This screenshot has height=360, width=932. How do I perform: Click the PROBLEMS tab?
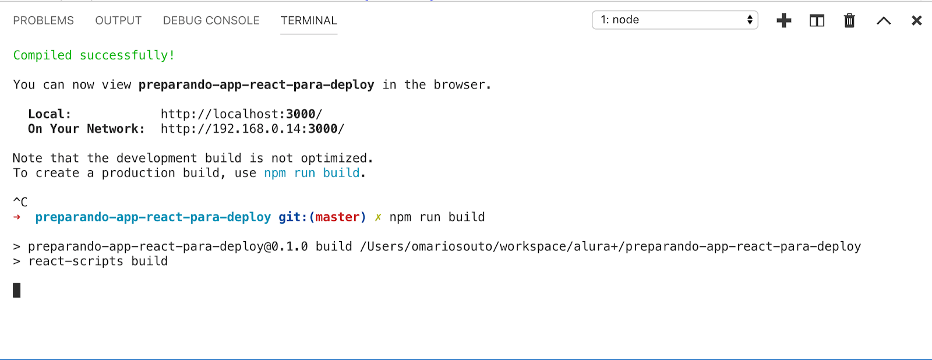pos(43,20)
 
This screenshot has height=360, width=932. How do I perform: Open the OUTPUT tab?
pos(118,20)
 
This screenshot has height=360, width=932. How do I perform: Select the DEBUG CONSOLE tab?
pos(211,20)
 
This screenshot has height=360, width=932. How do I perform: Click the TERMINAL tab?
pos(309,20)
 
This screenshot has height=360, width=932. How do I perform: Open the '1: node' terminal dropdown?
pos(675,20)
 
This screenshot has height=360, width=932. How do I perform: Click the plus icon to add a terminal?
pos(784,20)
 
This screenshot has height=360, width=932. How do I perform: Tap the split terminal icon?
pos(817,20)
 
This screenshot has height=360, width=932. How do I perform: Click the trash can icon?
pos(850,20)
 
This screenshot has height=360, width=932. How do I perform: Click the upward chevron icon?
pos(884,21)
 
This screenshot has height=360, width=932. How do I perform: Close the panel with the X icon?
pos(917,20)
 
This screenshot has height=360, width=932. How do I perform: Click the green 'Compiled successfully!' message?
pos(94,55)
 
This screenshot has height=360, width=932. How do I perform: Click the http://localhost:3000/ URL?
pos(241,114)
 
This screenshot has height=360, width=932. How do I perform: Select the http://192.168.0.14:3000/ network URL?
pos(253,129)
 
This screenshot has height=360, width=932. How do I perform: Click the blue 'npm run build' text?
pos(312,173)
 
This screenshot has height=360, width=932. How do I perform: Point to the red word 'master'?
pos(337,217)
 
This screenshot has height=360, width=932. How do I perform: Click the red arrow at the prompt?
pos(17,217)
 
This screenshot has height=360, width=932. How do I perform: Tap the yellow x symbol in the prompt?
pos(378,217)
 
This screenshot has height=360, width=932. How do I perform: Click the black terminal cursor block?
pos(17,290)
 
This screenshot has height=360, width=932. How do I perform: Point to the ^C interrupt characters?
pos(20,202)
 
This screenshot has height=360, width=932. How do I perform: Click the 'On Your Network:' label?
pos(87,129)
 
